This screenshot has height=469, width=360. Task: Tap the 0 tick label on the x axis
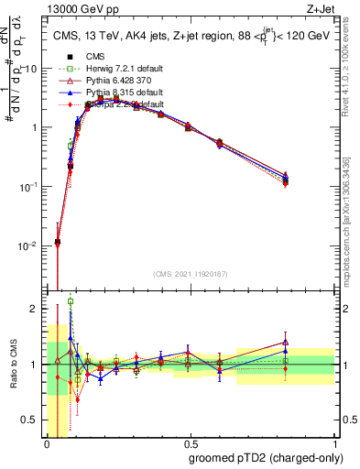point(46,442)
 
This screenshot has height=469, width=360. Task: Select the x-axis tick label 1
point(335,442)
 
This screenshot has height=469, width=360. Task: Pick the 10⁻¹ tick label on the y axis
point(30,187)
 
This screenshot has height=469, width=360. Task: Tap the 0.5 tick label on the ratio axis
point(33,420)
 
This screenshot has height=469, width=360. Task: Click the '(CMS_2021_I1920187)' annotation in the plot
point(191,273)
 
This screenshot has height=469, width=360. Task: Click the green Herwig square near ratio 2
point(71,301)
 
